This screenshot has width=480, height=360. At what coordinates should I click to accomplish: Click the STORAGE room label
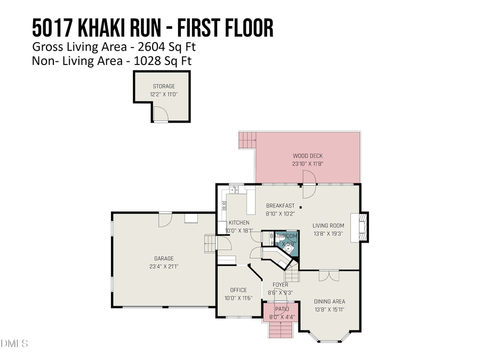click(164, 86)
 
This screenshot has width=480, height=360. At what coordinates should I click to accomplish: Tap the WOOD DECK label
click(307, 156)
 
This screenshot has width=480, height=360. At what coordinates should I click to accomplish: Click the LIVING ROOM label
click(328, 226)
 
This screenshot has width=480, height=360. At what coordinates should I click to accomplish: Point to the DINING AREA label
click(330, 301)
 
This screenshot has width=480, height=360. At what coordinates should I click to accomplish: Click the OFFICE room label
click(238, 290)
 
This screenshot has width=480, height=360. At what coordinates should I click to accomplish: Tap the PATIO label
click(282, 309)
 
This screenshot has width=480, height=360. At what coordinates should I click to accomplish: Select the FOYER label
click(281, 285)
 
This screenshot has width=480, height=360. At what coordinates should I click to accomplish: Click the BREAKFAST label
click(281, 205)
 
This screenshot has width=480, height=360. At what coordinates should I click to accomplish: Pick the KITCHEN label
click(239, 222)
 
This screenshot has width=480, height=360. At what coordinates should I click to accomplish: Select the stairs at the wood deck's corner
click(247, 141)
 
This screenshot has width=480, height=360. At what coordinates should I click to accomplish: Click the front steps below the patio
click(281, 330)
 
